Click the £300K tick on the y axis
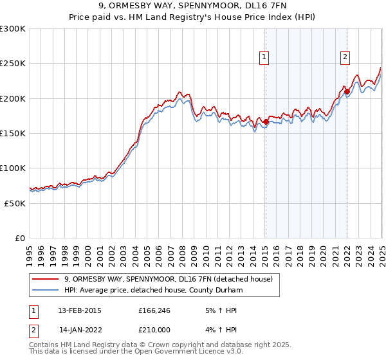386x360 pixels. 12,29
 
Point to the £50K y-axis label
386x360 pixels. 15,203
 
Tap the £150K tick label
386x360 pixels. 12,133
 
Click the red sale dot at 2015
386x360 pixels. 266,122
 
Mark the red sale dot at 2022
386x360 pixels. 347,91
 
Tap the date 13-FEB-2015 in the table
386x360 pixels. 79,310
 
